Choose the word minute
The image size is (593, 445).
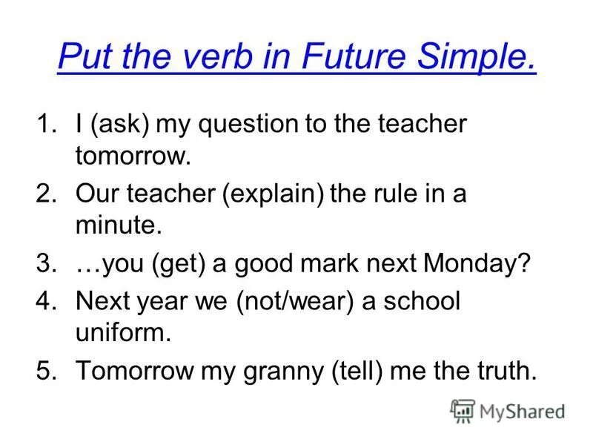click(x=118, y=226)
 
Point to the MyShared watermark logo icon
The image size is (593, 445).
click(x=463, y=411)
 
